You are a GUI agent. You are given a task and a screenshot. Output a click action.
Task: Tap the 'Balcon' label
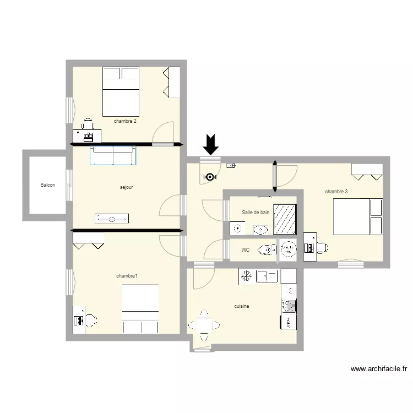pos(48,186)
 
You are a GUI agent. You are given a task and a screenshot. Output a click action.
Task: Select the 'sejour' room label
pos(127,187)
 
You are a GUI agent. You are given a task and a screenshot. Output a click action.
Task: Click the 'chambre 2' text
pos(125,121)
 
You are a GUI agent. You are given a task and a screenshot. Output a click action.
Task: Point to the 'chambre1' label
pos(127,275)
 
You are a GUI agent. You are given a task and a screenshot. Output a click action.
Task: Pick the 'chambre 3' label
pos(336,192)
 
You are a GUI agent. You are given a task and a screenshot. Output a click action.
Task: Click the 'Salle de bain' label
pos(256,212)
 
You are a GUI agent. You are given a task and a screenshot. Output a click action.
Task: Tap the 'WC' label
pos(246,250)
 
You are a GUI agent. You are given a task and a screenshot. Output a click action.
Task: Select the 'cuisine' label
pos(242,306)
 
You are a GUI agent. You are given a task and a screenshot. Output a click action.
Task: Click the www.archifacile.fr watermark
pos(378,369)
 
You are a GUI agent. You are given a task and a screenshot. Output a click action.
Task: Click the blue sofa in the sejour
pos(113,155)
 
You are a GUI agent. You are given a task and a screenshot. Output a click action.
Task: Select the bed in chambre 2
pos(121,91)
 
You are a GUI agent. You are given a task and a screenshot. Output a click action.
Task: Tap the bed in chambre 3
pos(357,216)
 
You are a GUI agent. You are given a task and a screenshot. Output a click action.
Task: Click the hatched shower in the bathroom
pos(285,220)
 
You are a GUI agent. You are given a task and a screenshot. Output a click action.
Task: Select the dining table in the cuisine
pos(204,325)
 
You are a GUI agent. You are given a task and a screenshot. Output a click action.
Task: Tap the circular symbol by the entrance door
pos(210,177)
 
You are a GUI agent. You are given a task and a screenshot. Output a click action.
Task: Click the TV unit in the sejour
pos(113,219)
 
